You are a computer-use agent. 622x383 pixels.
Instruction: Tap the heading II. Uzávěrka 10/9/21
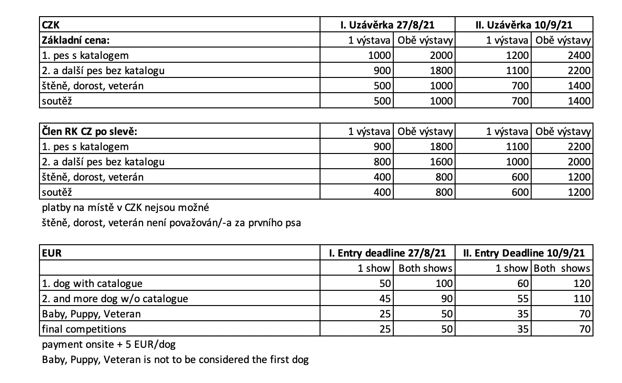tap(524, 25)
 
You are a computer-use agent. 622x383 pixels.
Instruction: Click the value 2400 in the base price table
tap(579, 56)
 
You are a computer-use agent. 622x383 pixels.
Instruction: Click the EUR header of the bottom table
tap(52, 253)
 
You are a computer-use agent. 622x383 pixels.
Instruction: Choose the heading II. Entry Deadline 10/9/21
tap(524, 253)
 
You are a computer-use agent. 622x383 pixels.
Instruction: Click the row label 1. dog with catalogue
tap(92, 284)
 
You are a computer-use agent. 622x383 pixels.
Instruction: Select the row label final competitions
tap(84, 329)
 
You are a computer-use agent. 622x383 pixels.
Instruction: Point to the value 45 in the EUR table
tap(384, 299)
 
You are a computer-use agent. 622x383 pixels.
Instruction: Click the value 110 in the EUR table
tap(582, 299)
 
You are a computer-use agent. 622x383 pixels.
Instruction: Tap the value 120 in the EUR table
tap(582, 284)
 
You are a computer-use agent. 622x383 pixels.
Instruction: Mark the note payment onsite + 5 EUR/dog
tap(109, 344)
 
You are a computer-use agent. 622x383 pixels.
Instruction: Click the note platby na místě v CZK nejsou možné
tap(126, 208)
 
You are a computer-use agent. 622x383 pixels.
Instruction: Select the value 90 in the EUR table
tap(446, 299)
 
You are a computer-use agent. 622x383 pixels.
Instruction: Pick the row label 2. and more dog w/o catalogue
tap(115, 299)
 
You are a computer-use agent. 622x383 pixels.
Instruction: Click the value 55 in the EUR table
tap(522, 299)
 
